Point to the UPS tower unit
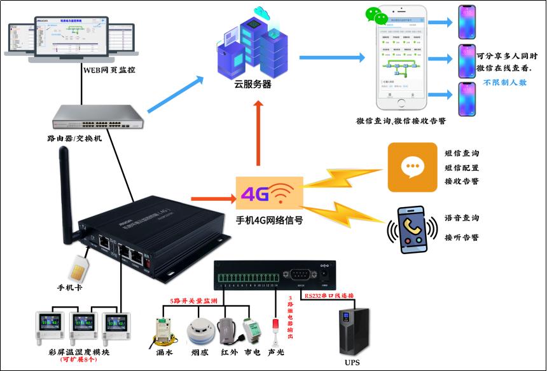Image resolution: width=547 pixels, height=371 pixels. [355, 330]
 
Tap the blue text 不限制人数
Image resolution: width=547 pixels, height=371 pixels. [505, 83]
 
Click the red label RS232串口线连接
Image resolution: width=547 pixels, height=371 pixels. [329, 295]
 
